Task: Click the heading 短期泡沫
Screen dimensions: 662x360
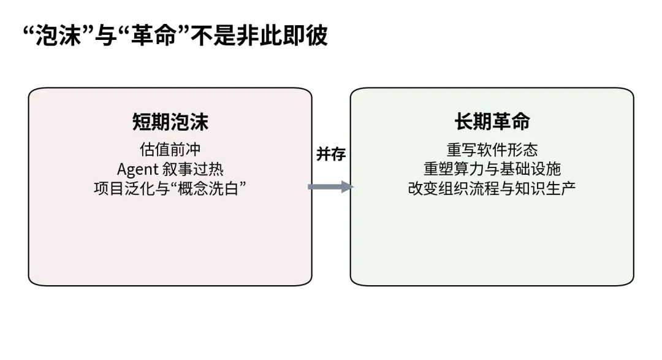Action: pos(170,121)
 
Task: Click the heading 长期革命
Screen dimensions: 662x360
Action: pos(492,121)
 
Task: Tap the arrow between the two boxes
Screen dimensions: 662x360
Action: pos(330,187)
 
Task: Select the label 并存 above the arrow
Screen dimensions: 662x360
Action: pos(331,155)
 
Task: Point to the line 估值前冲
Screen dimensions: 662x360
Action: pos(170,150)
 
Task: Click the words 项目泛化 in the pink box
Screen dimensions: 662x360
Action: pos(124,188)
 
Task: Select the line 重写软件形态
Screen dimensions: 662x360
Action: pos(492,150)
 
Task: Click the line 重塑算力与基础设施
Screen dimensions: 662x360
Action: pos(492,169)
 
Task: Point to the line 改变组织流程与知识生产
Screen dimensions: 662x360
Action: pos(492,188)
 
